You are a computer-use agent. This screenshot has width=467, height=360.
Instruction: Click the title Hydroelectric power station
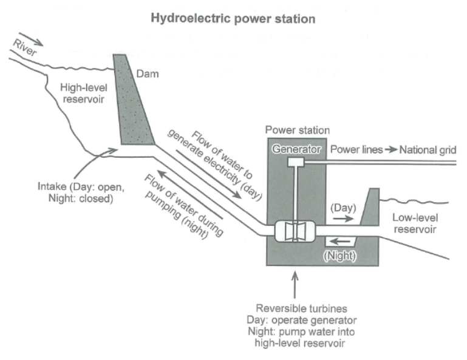tap(233, 19)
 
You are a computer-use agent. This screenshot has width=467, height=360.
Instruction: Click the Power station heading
tap(297, 131)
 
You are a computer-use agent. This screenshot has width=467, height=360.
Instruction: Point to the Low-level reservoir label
tap(415, 223)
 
